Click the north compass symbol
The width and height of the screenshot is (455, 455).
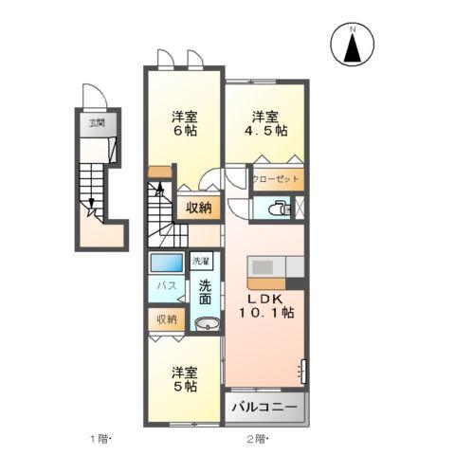pos(353,45)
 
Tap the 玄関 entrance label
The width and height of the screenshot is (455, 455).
pos(98,123)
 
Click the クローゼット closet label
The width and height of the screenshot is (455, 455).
pos(275,178)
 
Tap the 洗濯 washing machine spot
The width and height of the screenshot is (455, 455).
pos(200,261)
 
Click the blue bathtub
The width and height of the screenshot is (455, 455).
pos(166,264)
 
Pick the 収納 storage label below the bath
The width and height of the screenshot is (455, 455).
pos(167,319)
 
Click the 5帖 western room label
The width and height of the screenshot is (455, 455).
pos(183,379)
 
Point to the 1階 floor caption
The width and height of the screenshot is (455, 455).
pos(100,439)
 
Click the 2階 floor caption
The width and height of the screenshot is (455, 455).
pos(257,439)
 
